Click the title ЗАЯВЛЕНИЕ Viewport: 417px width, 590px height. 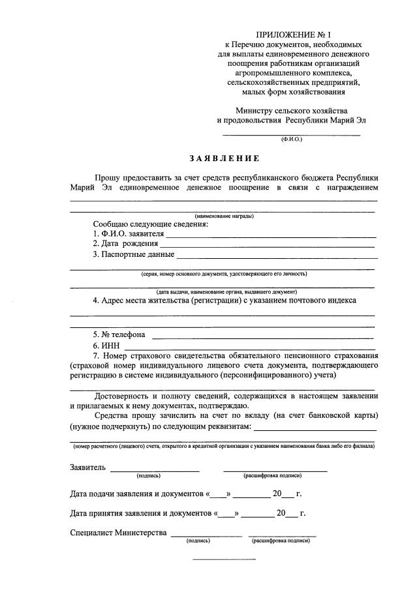pos(224,158)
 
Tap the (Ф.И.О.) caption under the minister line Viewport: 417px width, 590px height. pos(292,140)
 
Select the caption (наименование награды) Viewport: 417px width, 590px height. pos(224,216)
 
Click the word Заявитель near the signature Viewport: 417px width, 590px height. pos(87,467)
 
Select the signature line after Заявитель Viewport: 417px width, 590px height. pos(155,469)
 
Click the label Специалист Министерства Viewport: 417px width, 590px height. pos(118,533)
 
